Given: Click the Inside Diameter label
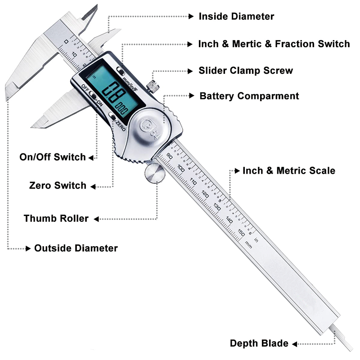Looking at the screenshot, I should (x=236, y=17).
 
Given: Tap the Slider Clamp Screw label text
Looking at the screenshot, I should (x=246, y=71).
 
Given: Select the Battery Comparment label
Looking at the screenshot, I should (x=249, y=96).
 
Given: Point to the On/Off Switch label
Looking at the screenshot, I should (x=53, y=157).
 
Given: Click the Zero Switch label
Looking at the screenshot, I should (x=58, y=185).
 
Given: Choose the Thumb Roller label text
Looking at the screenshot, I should (x=56, y=219).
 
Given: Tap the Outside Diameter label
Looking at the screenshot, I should (x=76, y=248).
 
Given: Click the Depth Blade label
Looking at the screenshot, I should (x=259, y=343).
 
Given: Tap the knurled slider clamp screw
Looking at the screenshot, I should (x=154, y=85).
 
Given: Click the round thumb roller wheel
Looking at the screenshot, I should (x=155, y=174).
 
